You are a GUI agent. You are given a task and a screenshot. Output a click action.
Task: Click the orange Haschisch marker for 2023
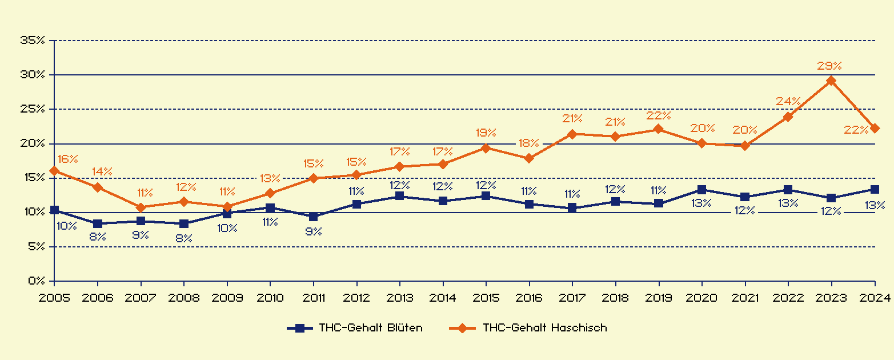831,81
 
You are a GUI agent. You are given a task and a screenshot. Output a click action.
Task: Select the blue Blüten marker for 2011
313,217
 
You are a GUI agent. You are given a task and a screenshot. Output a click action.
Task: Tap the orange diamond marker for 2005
54,171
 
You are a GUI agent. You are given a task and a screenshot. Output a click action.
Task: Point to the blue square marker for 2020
701,190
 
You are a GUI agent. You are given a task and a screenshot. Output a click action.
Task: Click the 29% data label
829,66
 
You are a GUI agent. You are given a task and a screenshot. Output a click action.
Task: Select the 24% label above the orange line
788,101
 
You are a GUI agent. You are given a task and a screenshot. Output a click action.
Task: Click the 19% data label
486,133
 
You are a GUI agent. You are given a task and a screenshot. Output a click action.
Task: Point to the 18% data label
529,143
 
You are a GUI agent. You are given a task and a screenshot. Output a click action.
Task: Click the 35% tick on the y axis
32,40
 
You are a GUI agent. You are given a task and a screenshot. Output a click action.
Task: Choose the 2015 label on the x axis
486,298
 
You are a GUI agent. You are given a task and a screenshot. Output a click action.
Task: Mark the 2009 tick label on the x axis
227,298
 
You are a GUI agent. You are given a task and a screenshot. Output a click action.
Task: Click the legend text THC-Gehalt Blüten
371,328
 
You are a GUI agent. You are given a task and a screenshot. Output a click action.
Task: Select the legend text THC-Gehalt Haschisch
544,328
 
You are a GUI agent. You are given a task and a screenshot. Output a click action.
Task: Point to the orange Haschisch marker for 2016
529,158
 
